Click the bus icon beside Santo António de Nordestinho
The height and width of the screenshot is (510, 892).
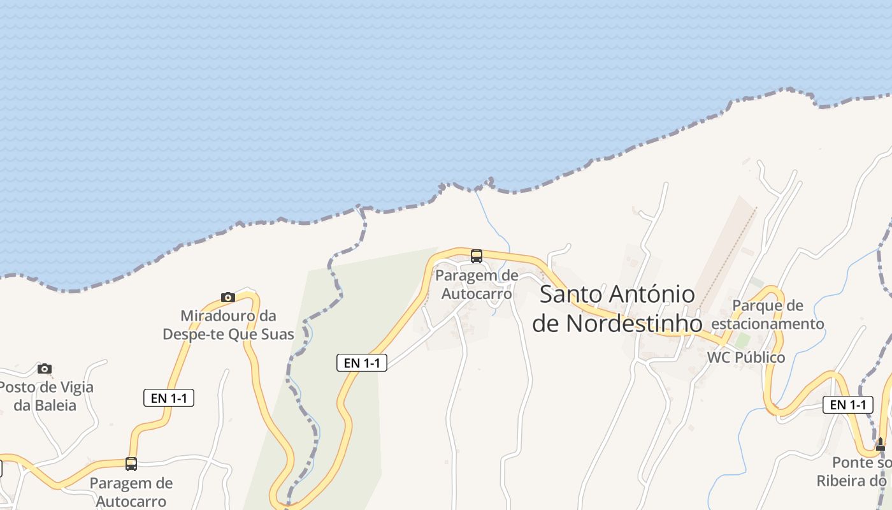click(x=477, y=256)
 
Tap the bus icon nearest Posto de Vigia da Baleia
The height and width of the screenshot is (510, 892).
click(x=131, y=463)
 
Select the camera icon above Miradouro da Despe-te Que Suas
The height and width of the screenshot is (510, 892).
click(x=228, y=297)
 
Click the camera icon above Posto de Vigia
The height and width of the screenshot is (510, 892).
click(x=44, y=368)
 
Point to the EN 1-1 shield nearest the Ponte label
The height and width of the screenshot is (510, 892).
click(x=847, y=404)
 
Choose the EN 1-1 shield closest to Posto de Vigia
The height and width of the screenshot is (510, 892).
click(x=169, y=398)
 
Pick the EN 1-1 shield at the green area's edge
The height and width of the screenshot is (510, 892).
click(x=362, y=363)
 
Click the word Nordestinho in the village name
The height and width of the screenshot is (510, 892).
click(x=634, y=324)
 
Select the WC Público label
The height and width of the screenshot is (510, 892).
click(x=746, y=357)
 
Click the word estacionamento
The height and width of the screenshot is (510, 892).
click(x=768, y=324)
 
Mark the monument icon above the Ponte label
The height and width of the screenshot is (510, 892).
click(x=881, y=444)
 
